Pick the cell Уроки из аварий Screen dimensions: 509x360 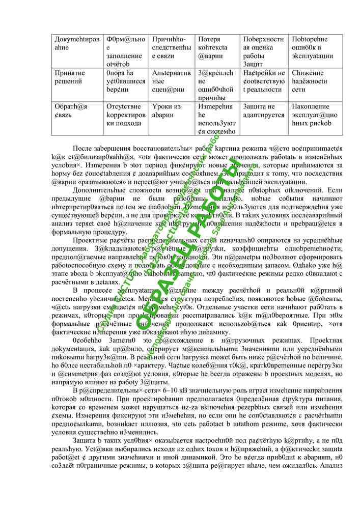[166, 110]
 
